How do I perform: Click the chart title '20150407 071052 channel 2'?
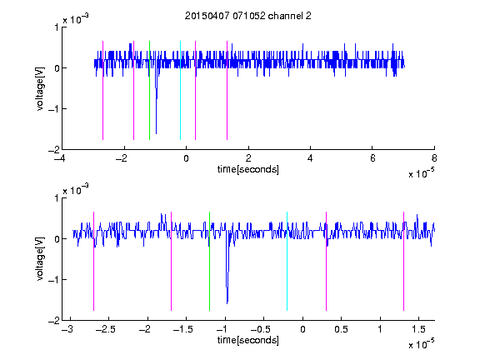coord(248,16)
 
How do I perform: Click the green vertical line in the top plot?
coord(149,90)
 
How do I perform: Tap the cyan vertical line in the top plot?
coord(180,90)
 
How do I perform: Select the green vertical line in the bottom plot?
coord(209,261)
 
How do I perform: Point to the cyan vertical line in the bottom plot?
coord(287,261)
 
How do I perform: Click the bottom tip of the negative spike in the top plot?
coord(156,134)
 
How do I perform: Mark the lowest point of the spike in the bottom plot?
coord(227,303)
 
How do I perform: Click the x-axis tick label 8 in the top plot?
coord(434,158)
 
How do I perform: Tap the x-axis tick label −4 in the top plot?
coord(60,158)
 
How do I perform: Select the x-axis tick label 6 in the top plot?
coord(372,158)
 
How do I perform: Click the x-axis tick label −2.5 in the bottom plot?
coord(106,329)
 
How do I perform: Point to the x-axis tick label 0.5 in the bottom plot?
coord(341,329)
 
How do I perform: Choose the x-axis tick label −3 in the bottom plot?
coord(67,329)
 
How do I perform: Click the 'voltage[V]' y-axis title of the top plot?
coord(40,88)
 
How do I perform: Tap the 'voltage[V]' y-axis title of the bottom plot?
coord(40,259)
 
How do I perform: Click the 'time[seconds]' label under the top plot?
coord(248,169)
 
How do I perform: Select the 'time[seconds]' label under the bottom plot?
coord(248,340)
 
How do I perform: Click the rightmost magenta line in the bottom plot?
coord(403,261)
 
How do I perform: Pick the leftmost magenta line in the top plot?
coord(102,90)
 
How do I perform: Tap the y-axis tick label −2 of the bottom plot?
coord(53,320)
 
